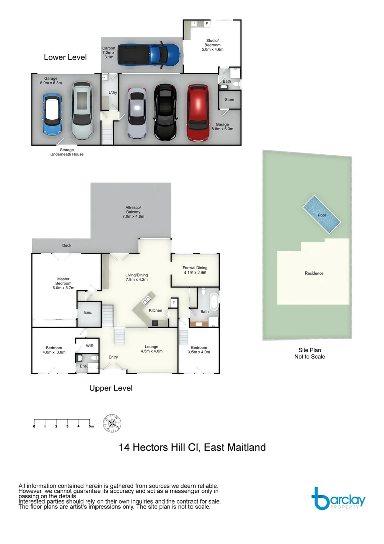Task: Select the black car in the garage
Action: [165, 112]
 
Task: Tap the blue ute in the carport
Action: [151, 53]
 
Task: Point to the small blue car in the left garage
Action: [52, 115]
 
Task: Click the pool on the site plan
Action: [321, 215]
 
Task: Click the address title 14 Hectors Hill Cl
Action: [192, 447]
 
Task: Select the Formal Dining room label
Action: [195, 270]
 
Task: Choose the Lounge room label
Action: [151, 349]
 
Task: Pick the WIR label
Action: [90, 346]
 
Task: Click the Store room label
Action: [229, 100]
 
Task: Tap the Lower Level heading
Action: [65, 57]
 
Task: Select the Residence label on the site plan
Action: [314, 273]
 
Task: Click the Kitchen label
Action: [155, 310]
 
